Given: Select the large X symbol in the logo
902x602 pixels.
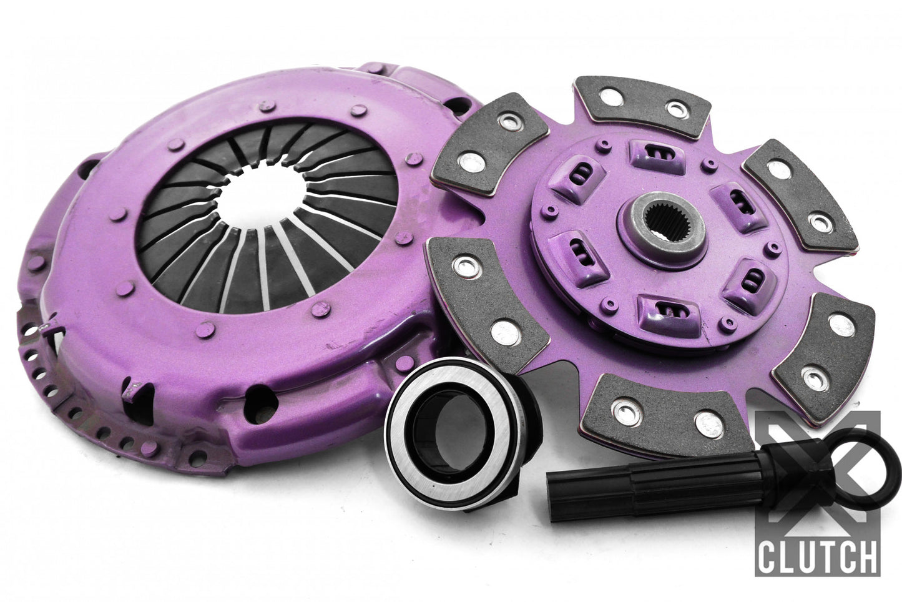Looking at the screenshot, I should point(818,475).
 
